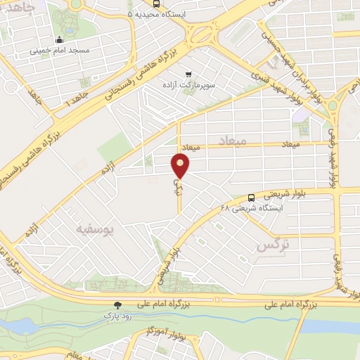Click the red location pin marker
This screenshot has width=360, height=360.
[x=181, y=166]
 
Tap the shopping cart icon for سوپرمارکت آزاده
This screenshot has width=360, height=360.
[x=188, y=74]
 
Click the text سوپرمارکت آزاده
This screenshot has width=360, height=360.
[x=188, y=85]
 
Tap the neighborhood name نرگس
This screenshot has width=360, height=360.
[x=273, y=245]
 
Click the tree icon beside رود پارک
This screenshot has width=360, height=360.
[x=118, y=305]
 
